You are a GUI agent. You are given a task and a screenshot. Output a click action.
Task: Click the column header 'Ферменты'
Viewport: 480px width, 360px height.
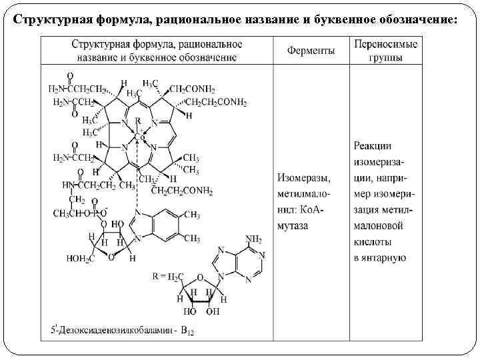pos(311,51)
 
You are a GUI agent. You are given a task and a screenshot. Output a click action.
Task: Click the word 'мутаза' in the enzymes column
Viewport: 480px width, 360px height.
pos(295,225)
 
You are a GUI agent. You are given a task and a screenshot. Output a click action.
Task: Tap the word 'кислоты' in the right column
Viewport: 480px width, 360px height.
pos(373,242)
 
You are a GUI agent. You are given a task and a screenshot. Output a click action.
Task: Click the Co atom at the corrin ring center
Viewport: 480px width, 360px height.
pos(139,137)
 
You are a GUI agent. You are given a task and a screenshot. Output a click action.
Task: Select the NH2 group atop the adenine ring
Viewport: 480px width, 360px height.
pos(253,238)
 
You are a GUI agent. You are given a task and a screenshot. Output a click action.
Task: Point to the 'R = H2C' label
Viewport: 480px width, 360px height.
pos(167,277)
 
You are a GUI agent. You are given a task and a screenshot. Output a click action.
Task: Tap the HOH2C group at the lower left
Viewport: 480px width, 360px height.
pos(81,257)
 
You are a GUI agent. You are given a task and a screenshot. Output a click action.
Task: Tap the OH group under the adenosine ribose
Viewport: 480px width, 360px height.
pos(213,311)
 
